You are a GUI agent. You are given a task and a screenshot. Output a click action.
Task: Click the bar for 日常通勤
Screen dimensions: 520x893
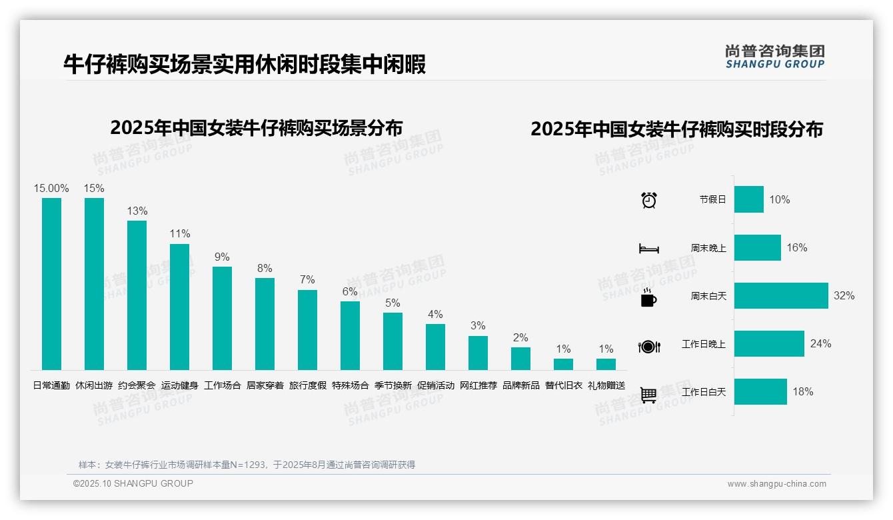click(x=51, y=283)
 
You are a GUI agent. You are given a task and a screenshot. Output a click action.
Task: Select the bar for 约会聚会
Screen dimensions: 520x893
click(x=137, y=295)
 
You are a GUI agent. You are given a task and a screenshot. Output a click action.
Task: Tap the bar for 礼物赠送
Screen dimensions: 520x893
click(x=606, y=364)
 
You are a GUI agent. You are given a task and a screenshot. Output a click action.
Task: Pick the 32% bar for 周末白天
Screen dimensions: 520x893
click(x=781, y=295)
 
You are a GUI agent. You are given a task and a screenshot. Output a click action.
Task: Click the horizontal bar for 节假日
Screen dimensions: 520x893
click(x=749, y=199)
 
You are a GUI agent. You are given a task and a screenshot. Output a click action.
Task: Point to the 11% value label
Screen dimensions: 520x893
click(x=179, y=233)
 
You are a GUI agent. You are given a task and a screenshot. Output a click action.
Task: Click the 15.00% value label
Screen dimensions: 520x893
click(x=51, y=188)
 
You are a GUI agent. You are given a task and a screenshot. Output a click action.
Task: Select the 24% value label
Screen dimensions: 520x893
click(x=820, y=343)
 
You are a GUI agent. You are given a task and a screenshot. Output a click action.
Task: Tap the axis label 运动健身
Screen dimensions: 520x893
click(x=179, y=385)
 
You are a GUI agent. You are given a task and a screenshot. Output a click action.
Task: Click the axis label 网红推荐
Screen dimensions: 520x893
click(x=478, y=385)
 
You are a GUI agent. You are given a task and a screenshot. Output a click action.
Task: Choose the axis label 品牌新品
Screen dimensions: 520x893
click(x=520, y=385)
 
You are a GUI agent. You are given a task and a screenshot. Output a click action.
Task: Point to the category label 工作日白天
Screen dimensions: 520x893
click(x=703, y=392)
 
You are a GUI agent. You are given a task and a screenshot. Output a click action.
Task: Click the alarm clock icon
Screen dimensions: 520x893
click(x=648, y=199)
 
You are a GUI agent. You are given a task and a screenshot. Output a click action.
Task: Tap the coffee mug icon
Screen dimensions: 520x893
click(x=648, y=298)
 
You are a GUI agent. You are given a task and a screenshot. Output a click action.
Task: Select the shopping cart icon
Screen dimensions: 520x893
click(x=648, y=395)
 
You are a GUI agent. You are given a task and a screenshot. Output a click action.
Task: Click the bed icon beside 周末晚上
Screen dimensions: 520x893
click(x=648, y=249)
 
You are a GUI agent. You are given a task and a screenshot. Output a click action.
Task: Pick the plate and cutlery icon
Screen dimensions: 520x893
click(x=648, y=346)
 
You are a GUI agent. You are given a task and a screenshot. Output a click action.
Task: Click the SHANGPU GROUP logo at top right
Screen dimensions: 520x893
click(x=774, y=56)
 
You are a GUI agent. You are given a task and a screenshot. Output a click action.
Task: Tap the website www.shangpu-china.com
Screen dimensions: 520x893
click(x=776, y=484)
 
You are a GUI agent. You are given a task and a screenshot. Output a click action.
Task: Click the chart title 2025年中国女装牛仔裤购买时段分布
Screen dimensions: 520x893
click(x=676, y=129)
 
